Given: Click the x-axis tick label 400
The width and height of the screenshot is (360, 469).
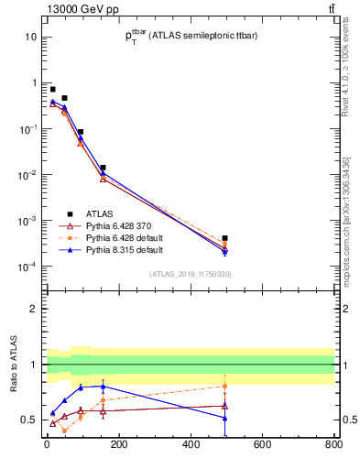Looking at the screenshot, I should coord(191,445).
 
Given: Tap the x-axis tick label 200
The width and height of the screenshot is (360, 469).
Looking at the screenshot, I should coord(118,445).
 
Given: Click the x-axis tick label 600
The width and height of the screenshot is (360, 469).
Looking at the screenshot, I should coord(262,445).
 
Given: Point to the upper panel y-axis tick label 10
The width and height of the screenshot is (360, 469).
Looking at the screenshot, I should coord(29,37).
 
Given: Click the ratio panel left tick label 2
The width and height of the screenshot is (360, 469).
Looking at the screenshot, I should coord(33,309).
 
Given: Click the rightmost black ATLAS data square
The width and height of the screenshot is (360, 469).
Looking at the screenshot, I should coord(224,238).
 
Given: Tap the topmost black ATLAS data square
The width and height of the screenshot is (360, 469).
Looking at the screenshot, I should coord(52,89).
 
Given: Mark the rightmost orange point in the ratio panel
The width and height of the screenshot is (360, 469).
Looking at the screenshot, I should coord(224,386).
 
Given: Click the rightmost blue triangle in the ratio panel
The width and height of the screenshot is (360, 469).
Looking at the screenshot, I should coord(224,418).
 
